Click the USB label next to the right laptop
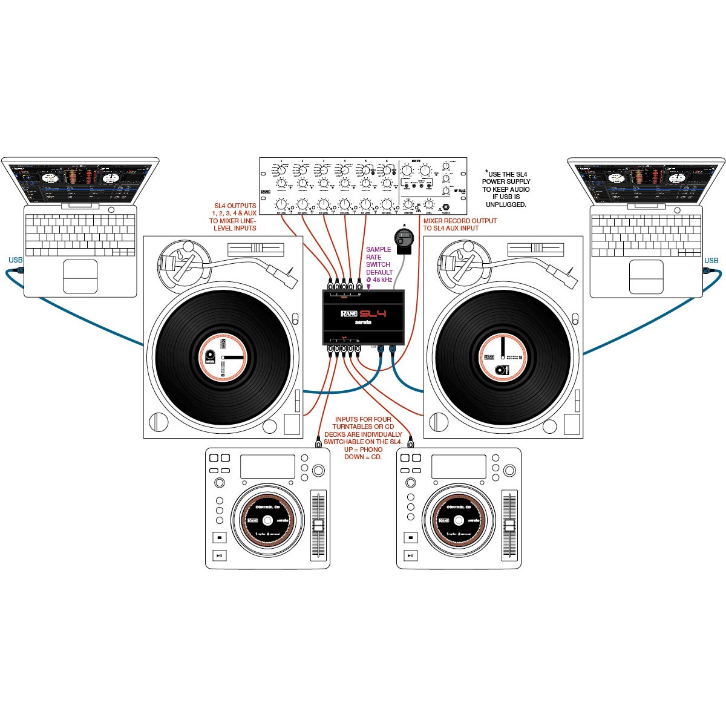tap(711, 261)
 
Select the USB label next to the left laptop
tap(16, 260)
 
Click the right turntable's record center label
tap(503, 358)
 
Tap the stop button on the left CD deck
tap(220, 537)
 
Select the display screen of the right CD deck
tap(458, 466)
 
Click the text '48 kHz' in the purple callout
tap(382, 280)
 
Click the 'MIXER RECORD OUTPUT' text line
tap(460, 221)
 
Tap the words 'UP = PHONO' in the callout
tap(363, 450)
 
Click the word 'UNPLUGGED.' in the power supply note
tap(506, 204)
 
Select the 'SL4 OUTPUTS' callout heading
tap(235, 206)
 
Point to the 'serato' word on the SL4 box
tap(363, 322)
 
